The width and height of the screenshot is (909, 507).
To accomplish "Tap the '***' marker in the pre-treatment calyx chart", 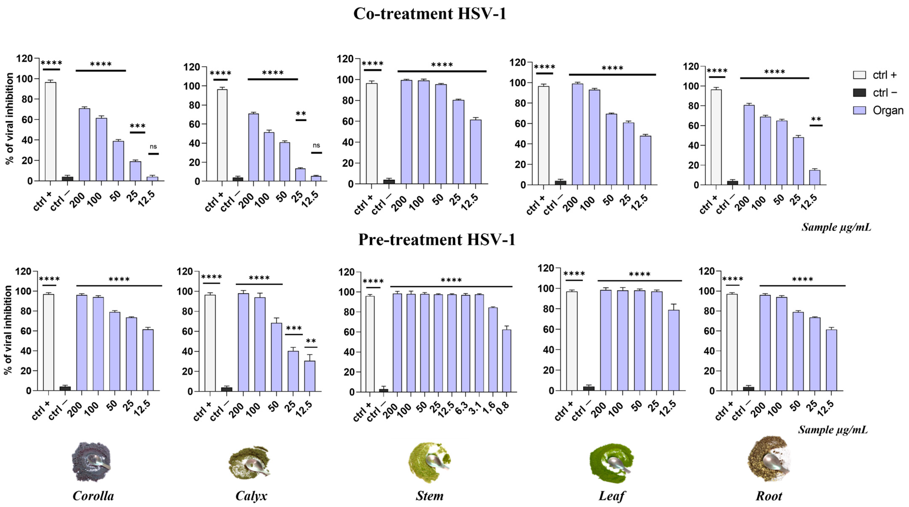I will tap(294, 328).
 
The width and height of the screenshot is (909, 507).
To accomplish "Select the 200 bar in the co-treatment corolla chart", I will tap(84, 145).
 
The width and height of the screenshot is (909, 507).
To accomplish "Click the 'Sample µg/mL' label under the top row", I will tap(836, 227).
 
